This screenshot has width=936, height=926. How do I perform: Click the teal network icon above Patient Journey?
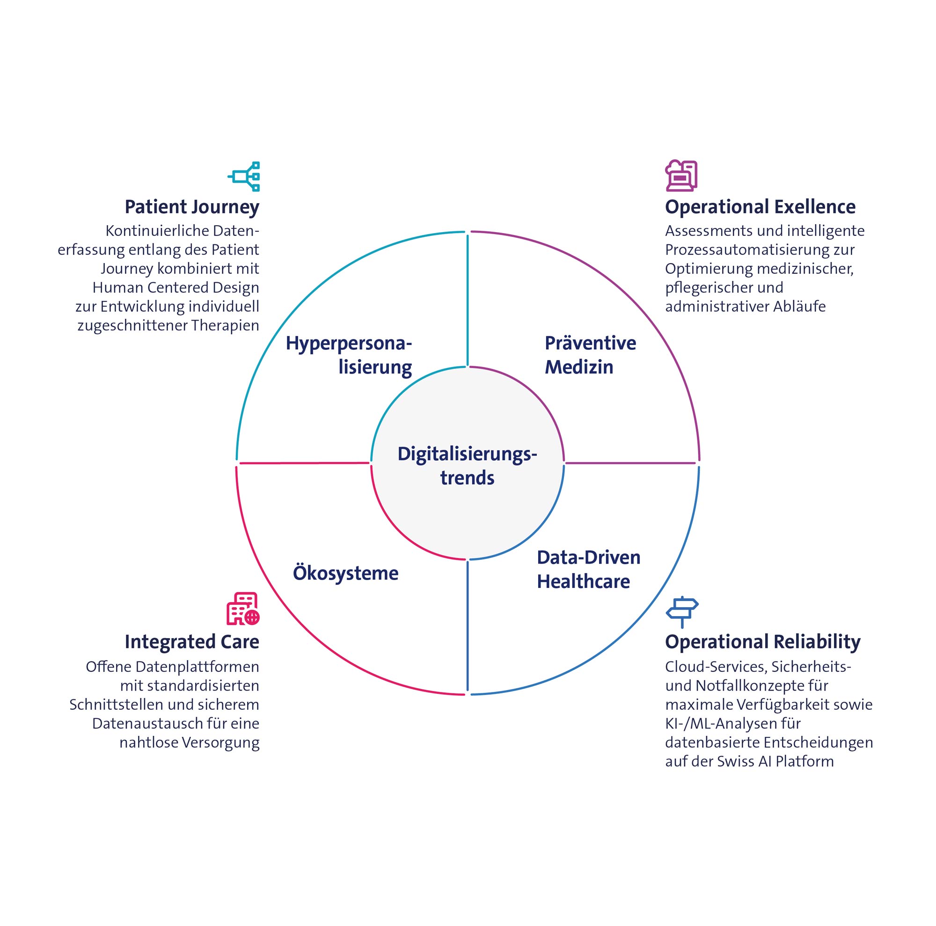pos(244,176)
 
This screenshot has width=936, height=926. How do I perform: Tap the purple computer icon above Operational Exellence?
pos(680,176)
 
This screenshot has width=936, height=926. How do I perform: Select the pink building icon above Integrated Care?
pos(243,609)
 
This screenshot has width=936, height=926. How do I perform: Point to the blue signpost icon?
pos(682,611)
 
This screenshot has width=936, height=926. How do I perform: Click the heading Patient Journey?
pos(192,207)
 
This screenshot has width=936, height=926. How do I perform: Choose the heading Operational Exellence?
pos(760,207)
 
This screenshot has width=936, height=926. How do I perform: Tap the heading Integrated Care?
pos(192,641)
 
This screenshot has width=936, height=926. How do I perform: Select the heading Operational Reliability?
pos(762,641)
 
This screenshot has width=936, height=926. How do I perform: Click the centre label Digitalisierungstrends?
pos(467,466)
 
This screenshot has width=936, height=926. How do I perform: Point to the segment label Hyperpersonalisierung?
pos(349,355)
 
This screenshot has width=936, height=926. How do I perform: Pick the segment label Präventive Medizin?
pos(590,355)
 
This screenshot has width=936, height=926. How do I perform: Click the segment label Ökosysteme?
pos(345,573)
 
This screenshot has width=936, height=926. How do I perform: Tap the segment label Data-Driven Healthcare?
pos(588,569)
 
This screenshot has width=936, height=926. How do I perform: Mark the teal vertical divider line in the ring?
pos(468,301)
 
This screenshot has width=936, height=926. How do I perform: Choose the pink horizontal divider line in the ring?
pos(304,463)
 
